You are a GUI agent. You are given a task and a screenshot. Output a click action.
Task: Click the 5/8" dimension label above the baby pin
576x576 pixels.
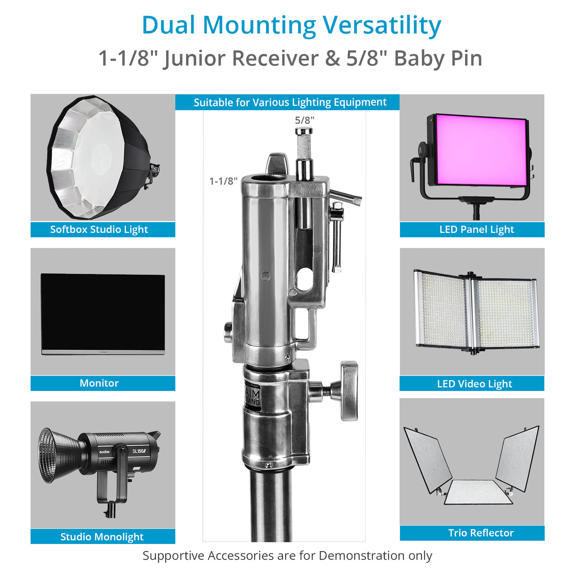click(x=304, y=120)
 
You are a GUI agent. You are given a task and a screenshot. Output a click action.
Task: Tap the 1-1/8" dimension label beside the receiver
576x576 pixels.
click(x=223, y=181)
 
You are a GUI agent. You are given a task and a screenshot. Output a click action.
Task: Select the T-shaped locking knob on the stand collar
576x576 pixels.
click(x=348, y=391)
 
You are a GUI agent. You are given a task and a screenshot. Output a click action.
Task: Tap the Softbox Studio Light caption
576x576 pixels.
click(x=99, y=230)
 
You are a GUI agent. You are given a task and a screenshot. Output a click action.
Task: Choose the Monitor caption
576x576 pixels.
click(x=99, y=383)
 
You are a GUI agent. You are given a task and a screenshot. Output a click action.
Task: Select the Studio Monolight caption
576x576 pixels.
click(x=102, y=537)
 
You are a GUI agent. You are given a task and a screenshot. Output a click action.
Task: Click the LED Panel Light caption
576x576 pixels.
click(x=476, y=230)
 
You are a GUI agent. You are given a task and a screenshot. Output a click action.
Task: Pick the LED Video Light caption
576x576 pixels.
click(x=474, y=384)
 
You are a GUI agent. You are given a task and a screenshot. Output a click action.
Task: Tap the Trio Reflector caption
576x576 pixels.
click(x=481, y=533)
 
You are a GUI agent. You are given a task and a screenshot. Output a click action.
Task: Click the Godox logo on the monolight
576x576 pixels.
click(x=105, y=452)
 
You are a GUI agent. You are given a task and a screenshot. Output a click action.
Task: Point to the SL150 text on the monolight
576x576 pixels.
click(x=139, y=451)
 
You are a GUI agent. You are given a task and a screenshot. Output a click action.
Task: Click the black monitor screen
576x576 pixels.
click(x=103, y=312)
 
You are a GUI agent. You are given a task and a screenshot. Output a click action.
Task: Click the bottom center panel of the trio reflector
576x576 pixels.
click(x=478, y=492)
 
